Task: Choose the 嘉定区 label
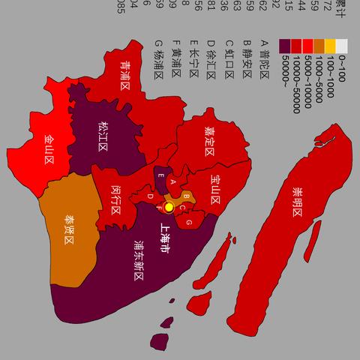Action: (208, 138)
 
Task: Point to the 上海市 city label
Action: (165, 238)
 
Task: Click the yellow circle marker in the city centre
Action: (169, 206)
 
